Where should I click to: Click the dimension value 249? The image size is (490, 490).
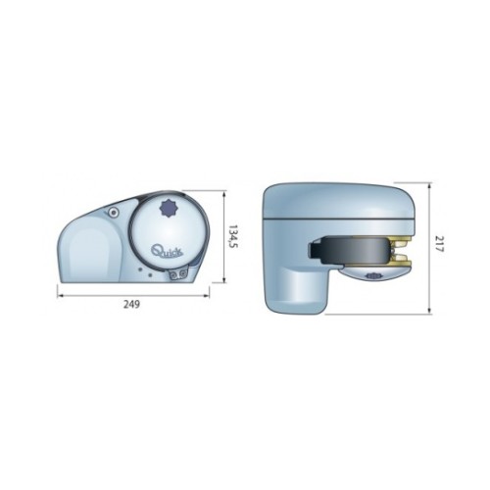coord(131,305)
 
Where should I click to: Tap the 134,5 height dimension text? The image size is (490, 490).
coord(232,236)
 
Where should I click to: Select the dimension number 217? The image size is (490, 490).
coord(438,244)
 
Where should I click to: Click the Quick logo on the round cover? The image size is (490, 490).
coord(168,251)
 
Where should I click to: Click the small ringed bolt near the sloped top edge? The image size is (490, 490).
coord(114,213)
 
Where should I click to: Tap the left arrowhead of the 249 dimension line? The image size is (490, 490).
coord(60,296)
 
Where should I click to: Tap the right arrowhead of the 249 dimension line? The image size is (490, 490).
coord(207,296)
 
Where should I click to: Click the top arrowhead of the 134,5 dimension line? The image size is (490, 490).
coord(224,194)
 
